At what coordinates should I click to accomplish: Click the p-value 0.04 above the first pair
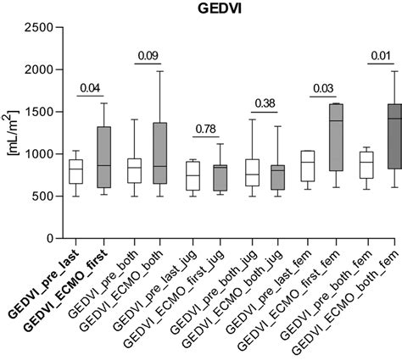[x=91, y=86]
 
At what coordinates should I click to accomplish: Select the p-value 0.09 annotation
[x=148, y=56]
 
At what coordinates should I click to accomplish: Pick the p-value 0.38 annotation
[x=265, y=103]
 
